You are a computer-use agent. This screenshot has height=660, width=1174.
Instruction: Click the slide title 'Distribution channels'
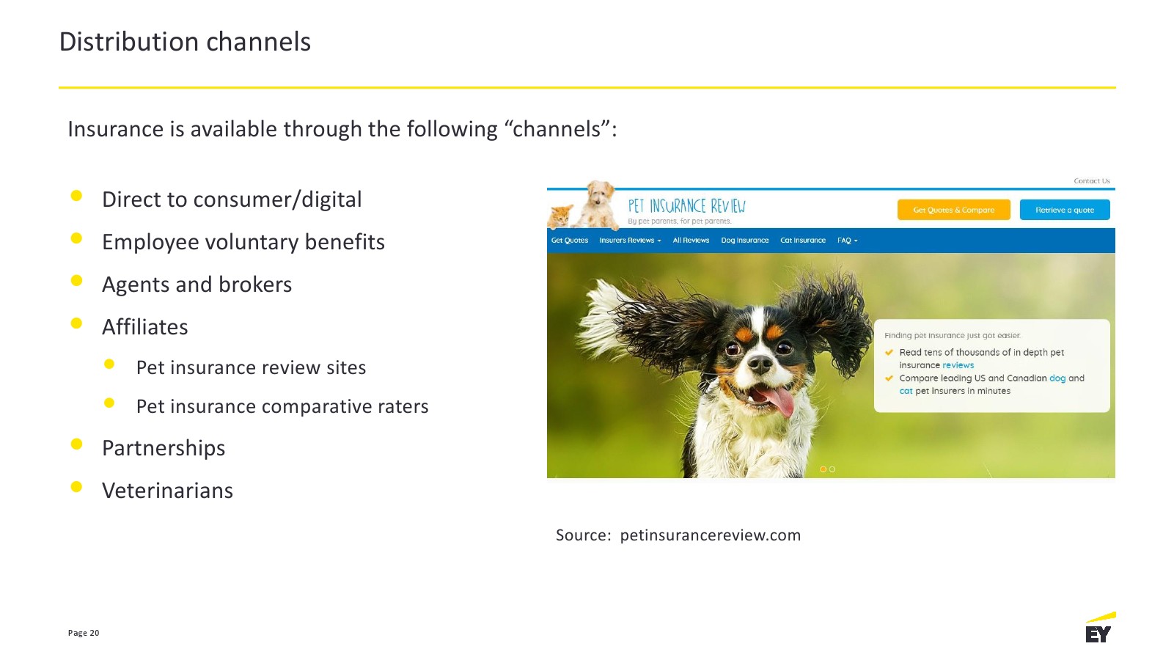coord(185,41)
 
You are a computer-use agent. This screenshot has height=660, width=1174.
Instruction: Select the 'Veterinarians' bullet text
coord(167,491)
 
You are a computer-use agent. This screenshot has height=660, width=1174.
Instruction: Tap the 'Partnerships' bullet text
coord(164,448)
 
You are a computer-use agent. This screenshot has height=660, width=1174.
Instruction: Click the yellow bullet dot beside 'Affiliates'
coord(76,323)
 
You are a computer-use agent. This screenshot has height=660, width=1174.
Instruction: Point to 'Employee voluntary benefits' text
coord(243,242)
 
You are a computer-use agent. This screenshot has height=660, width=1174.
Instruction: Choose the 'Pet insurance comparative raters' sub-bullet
coord(282,406)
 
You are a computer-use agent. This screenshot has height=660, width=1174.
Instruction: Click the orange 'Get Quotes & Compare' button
coord(954,210)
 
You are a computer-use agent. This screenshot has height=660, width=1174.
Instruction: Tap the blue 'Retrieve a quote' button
coord(1065,210)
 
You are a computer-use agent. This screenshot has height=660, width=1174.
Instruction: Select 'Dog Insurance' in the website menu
coord(745,240)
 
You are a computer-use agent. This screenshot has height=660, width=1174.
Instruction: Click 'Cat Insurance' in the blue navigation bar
coord(803,240)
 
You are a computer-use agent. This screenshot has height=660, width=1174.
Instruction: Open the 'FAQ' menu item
coord(847,240)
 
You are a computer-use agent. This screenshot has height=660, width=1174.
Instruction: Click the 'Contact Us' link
coord(1092,181)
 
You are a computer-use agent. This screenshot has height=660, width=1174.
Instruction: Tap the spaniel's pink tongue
coord(778,400)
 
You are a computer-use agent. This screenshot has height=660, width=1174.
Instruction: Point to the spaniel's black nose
coord(760,362)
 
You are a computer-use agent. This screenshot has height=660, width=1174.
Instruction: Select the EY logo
coord(1100,628)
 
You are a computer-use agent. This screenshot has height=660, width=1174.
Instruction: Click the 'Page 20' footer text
coord(84,633)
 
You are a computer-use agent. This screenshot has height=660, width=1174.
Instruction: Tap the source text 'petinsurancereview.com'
coord(710,535)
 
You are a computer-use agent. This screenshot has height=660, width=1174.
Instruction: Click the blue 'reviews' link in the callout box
coord(958,365)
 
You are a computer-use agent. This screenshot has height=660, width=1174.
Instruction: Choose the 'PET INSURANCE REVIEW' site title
coord(686,206)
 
